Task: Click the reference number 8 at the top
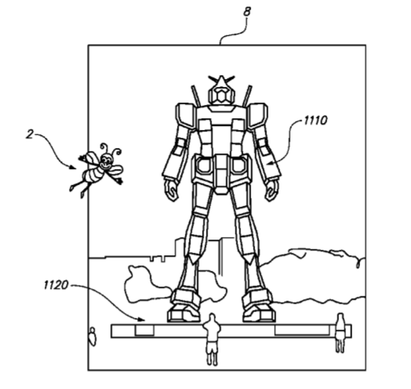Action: click(247, 12)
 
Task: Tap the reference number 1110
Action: click(315, 121)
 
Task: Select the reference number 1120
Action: click(56, 285)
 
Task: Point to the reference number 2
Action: click(31, 135)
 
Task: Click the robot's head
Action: click(222, 91)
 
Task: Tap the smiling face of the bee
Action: click(106, 162)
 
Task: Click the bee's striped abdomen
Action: click(92, 175)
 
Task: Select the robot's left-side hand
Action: click(171, 190)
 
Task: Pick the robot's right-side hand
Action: click(272, 190)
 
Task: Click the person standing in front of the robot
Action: click(212, 339)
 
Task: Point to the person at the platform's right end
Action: click(341, 333)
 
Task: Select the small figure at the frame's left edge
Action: click(92, 336)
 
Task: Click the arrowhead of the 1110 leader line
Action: click(271, 164)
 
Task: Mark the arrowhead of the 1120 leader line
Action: click(142, 319)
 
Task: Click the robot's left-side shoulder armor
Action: click(185, 114)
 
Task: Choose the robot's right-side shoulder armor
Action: click(258, 114)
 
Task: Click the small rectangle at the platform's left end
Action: click(144, 330)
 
